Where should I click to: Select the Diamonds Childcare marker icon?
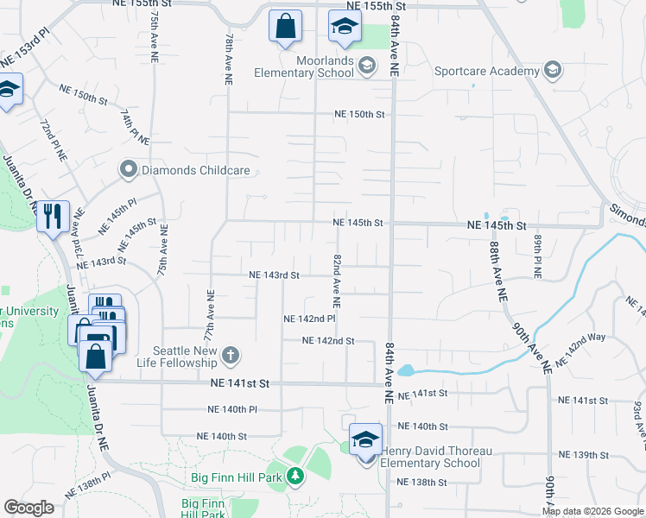tap(129, 169)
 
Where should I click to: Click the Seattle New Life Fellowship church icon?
tap(231, 355)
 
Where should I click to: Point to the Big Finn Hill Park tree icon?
tap(294, 476)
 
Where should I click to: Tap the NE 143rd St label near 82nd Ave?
tap(274, 275)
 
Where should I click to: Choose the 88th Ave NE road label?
tap(497, 270)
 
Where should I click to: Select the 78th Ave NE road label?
tap(230, 59)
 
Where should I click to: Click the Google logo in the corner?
tap(28, 508)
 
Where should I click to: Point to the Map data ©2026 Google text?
tap(592, 511)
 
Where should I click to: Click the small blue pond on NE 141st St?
tap(405, 371)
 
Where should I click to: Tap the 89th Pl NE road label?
tap(536, 255)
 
